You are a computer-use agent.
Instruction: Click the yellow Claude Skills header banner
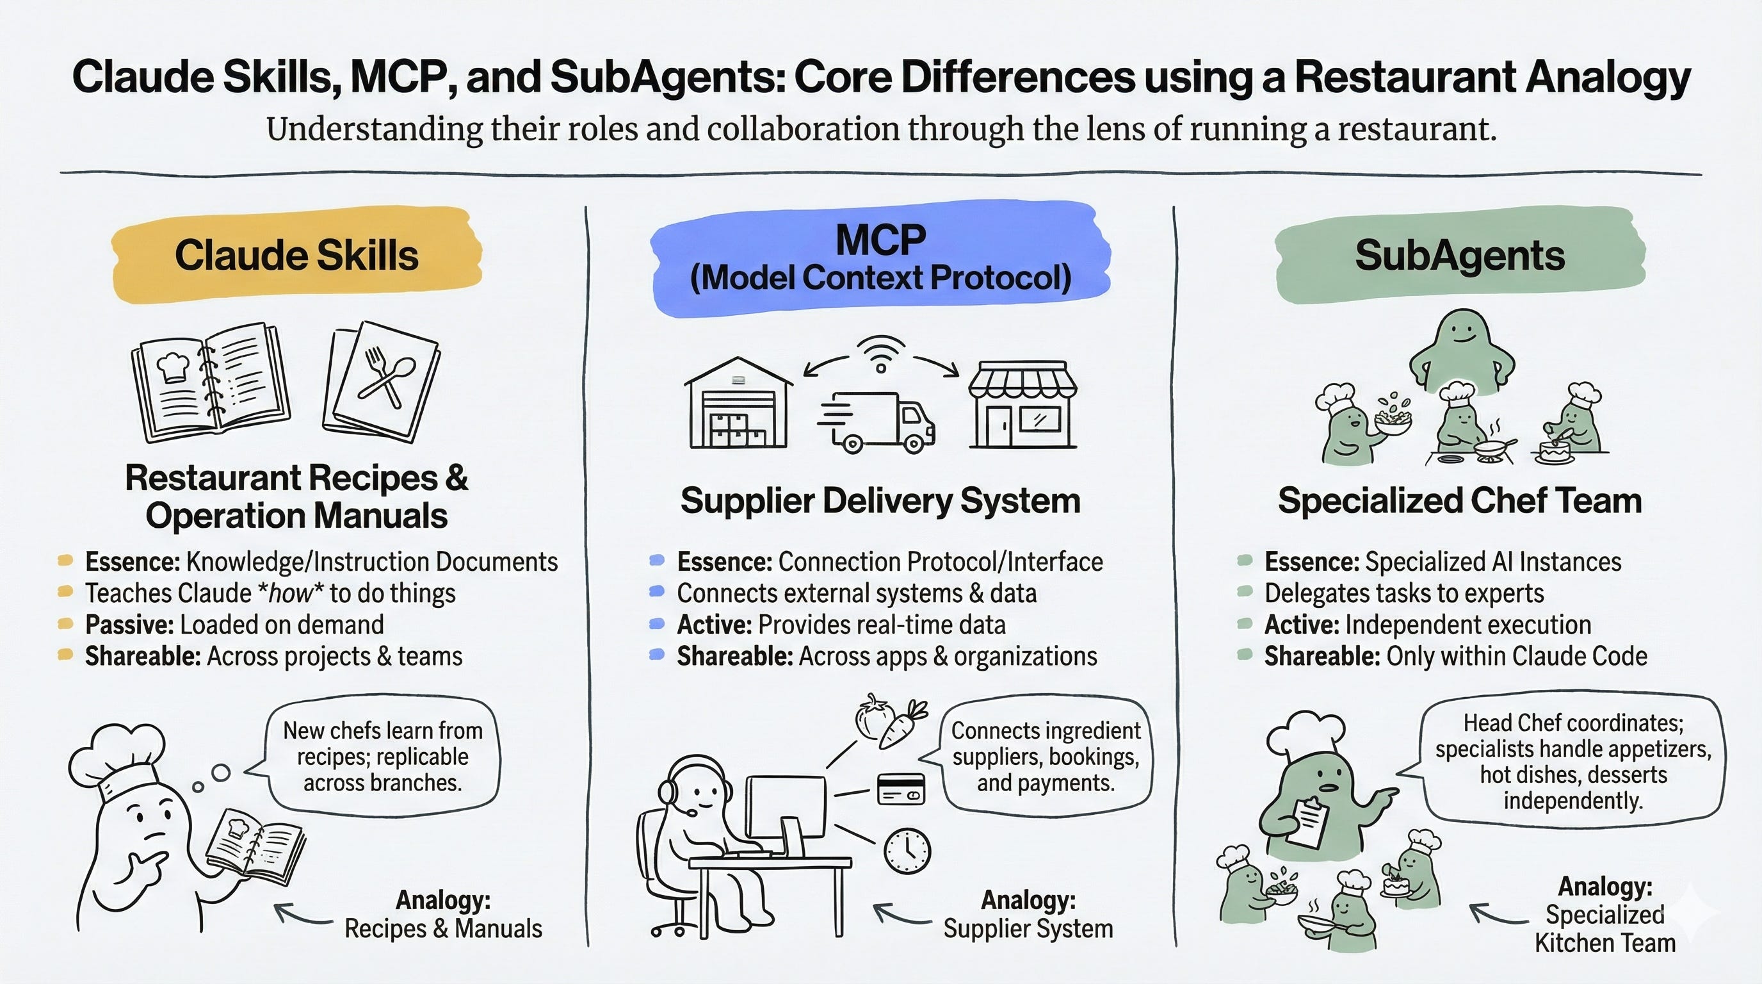click(296, 254)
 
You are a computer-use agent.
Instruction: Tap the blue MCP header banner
click(880, 259)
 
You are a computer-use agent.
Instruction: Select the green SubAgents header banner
click(1460, 255)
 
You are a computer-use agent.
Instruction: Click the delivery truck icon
click(877, 422)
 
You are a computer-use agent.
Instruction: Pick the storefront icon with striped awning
click(1022, 404)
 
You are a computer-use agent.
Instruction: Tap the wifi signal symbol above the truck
click(881, 353)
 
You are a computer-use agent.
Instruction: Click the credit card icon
click(901, 789)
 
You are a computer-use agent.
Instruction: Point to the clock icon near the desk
click(907, 851)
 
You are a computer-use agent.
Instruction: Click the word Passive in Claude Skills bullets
click(129, 625)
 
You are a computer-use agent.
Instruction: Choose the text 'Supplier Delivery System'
click(880, 500)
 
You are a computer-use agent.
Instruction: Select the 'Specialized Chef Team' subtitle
click(1460, 500)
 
